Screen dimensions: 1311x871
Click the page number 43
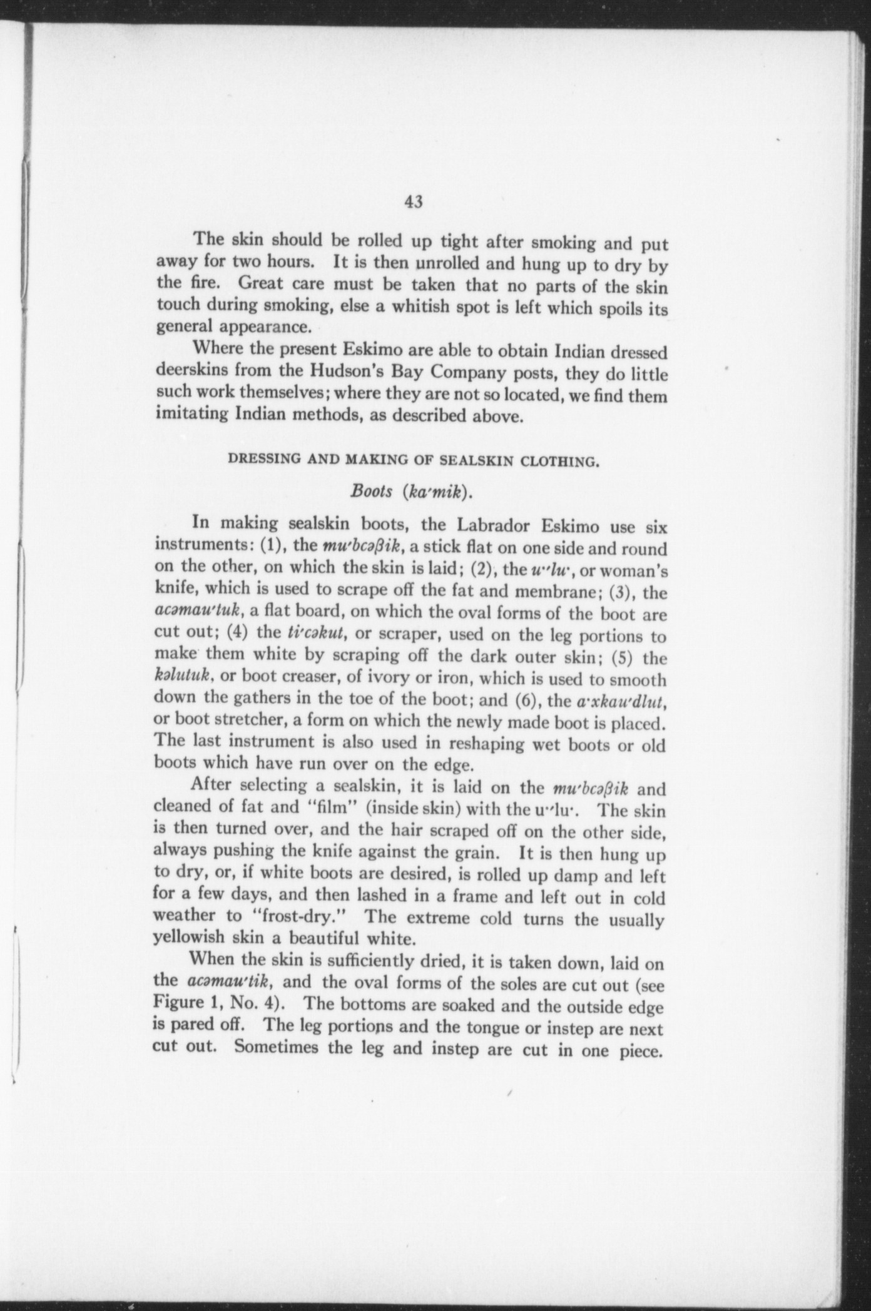coord(414,201)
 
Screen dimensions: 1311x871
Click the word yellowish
coord(189,938)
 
